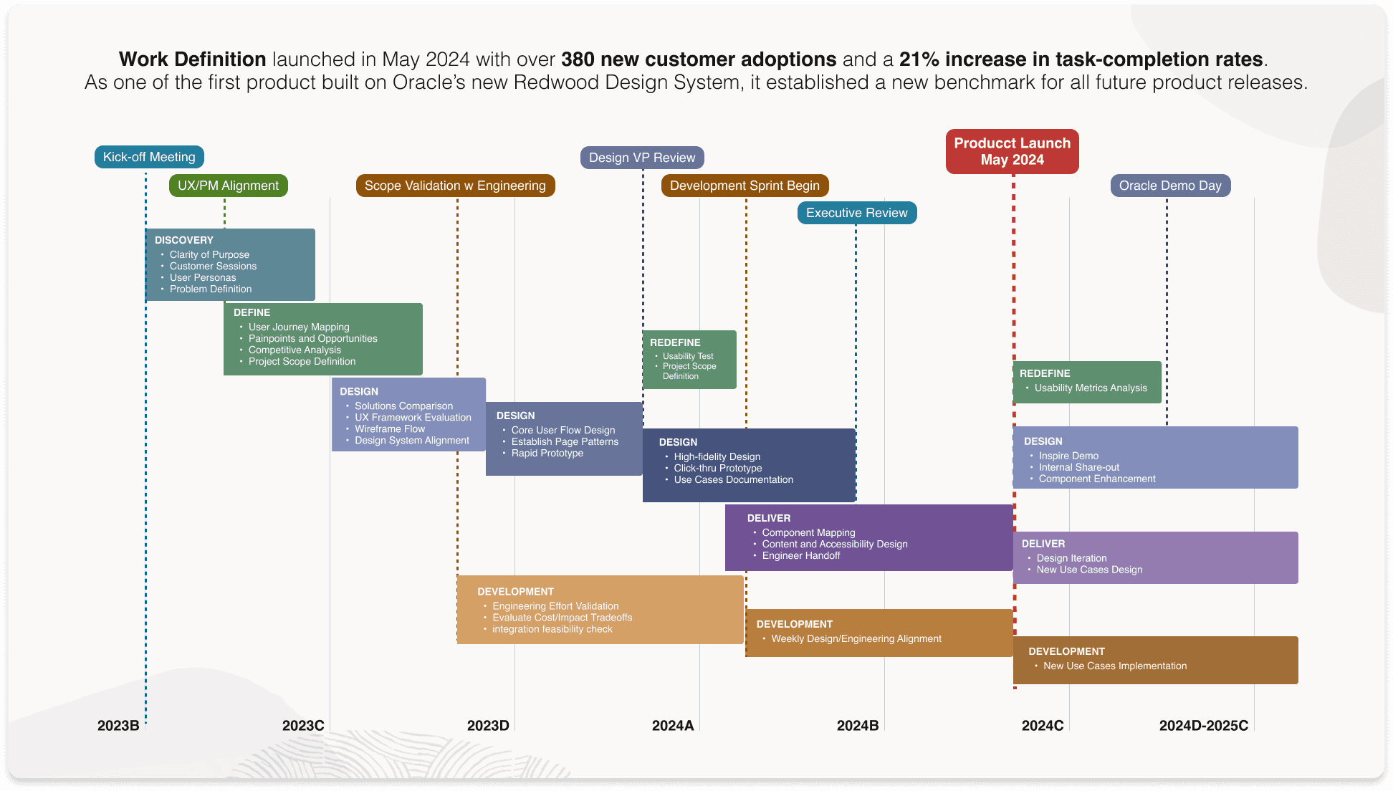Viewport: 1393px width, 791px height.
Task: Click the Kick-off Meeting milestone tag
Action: pos(149,157)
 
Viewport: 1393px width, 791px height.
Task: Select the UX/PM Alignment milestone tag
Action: pos(228,186)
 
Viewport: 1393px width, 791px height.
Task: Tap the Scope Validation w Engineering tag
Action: pos(455,186)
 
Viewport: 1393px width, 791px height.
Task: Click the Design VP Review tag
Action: pos(642,158)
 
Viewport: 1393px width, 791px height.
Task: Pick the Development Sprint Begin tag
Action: pos(745,186)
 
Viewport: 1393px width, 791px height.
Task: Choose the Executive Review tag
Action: pos(856,213)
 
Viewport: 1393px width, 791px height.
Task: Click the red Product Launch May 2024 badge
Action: pos(1012,151)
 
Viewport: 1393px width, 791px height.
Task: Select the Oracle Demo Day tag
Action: pos(1170,186)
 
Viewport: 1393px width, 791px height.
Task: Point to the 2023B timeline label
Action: pos(118,725)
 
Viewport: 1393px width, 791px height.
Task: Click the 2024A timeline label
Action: pos(673,725)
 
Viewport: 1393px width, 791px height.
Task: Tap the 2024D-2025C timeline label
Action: pos(1203,725)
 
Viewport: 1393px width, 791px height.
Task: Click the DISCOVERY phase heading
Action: pos(184,240)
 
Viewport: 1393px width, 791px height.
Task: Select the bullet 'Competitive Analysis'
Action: pos(295,350)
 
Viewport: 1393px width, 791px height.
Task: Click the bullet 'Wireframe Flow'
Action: pos(390,428)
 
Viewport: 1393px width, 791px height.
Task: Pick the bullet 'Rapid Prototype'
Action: pos(547,453)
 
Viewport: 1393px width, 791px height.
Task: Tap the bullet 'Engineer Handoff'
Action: pos(801,555)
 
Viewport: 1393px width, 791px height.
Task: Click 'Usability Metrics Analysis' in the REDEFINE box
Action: pos(1091,388)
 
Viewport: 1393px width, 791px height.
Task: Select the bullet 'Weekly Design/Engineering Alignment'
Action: pos(856,638)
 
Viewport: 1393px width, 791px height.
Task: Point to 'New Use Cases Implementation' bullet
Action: pos(1115,666)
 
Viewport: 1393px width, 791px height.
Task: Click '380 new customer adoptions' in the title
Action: pos(699,59)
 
